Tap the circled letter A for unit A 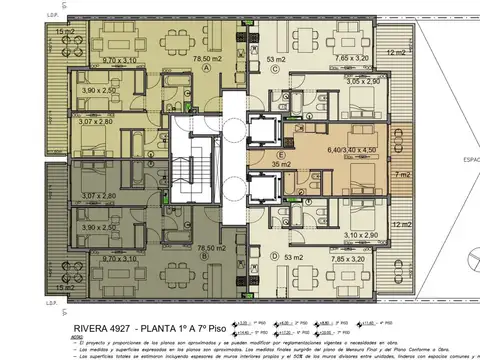coord(205,70)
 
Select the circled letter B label coord(205,255)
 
